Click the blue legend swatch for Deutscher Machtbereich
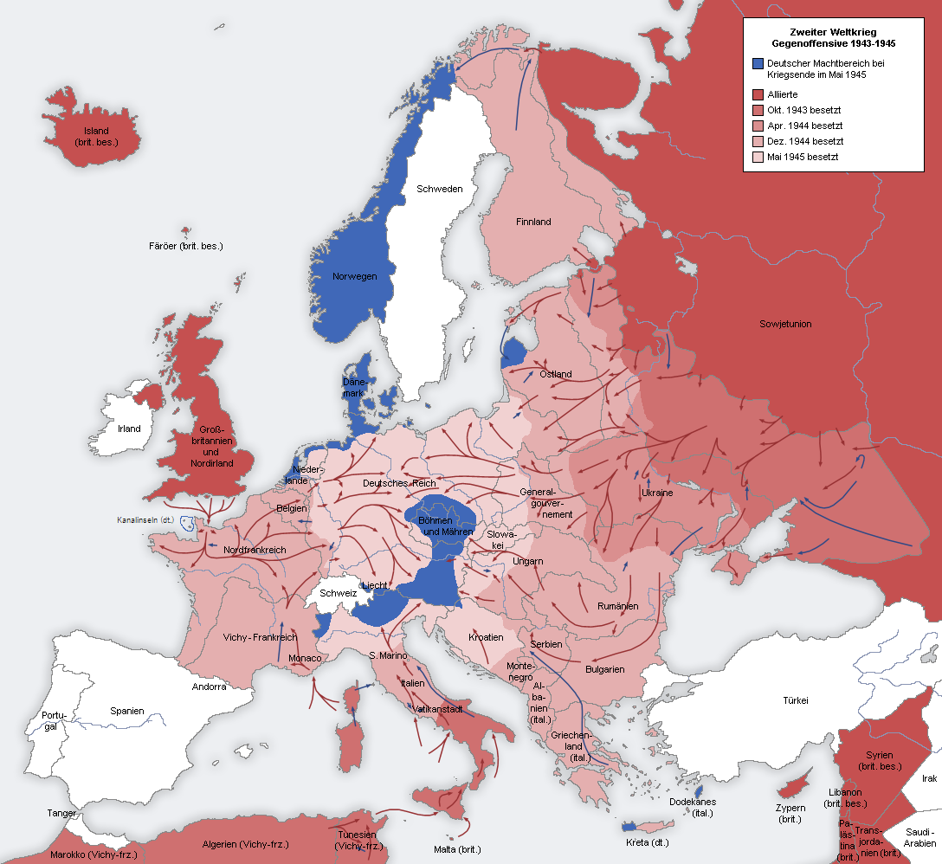(758, 64)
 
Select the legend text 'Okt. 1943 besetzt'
(803, 110)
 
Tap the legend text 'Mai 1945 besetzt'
(803, 157)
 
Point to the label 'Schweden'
(439, 189)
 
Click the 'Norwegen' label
(355, 276)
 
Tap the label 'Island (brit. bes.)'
(96, 137)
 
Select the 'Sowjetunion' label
(785, 324)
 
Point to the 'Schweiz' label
(338, 593)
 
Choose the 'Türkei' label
(795, 700)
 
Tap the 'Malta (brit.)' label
(457, 849)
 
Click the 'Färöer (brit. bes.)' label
(185, 246)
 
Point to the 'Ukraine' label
(656, 493)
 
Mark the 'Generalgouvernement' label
(546, 503)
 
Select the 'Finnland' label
(533, 222)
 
